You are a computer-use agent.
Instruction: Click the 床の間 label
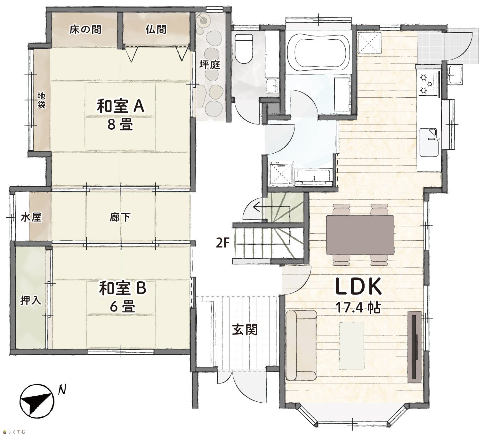(85, 30)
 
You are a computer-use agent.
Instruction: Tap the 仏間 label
(156, 29)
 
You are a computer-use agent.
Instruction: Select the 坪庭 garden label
(210, 65)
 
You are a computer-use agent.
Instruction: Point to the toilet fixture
(244, 48)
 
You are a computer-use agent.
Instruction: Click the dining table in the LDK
(360, 235)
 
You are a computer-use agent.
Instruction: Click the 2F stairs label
(222, 243)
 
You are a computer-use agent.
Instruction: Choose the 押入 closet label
(30, 301)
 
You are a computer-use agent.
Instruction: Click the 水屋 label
(31, 217)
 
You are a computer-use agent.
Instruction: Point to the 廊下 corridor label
(120, 217)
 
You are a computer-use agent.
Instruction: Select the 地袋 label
(41, 100)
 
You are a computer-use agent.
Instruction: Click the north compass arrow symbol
(37, 401)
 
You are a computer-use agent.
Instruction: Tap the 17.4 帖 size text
(358, 308)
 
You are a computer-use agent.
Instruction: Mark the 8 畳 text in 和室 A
(120, 125)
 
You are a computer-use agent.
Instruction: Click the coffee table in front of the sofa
(351, 345)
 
